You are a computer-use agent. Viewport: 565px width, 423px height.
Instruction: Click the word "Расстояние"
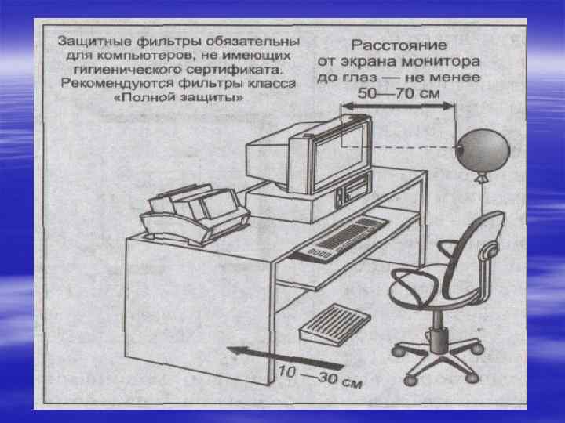coord(399,45)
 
